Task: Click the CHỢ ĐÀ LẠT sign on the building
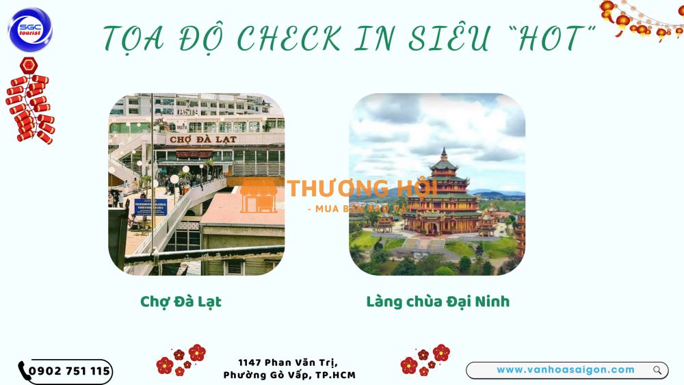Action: coord(202,139)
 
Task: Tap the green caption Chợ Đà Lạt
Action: coord(181,302)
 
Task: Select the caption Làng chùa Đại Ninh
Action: coord(438,302)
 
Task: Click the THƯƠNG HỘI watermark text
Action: coord(362,189)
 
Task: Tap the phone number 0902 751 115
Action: coord(69,371)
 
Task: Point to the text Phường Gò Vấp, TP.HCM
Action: coord(289,375)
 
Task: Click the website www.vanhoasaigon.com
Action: coord(565,370)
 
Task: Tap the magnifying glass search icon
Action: coord(657,371)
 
